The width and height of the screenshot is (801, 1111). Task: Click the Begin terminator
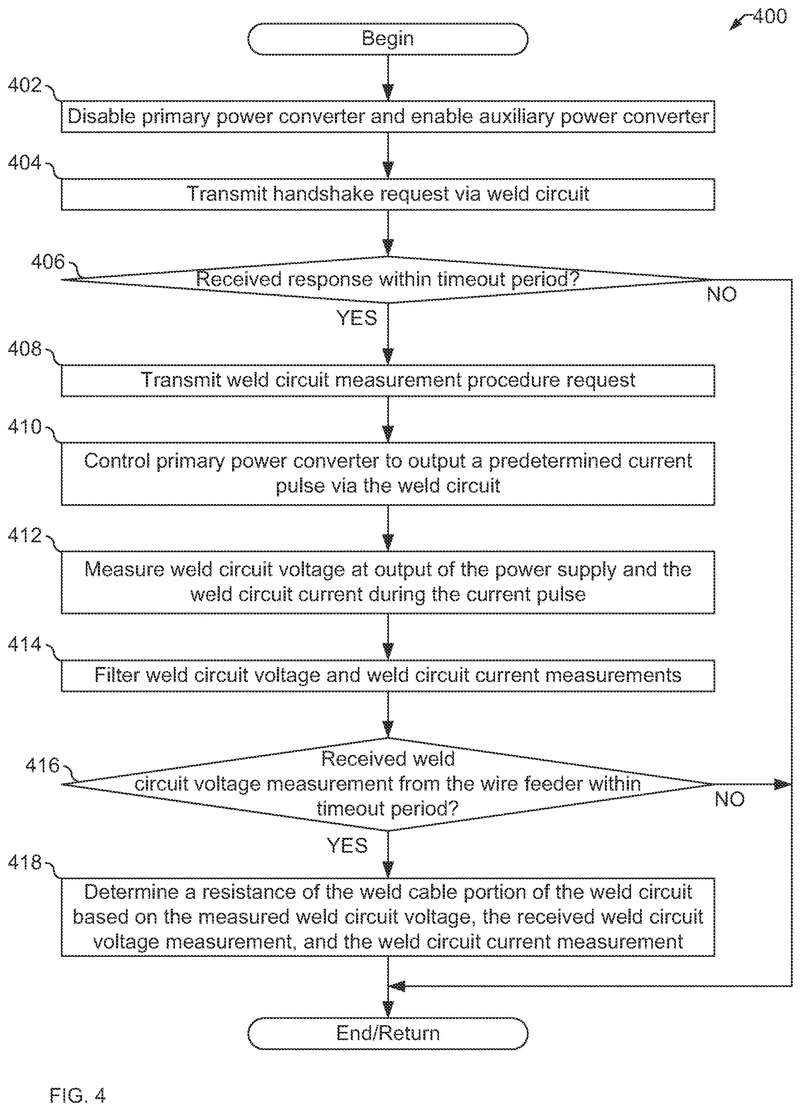388,39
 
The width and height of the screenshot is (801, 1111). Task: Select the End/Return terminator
388,1033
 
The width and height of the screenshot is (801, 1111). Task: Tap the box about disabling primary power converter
388,116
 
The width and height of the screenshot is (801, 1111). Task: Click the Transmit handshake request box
388,194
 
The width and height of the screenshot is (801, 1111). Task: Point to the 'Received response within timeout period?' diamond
388,280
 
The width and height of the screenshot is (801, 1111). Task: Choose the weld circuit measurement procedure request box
388,381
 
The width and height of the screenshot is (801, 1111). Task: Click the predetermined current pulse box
388,474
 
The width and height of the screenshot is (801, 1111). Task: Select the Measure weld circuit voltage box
388,582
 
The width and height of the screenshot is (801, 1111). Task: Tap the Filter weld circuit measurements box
388,676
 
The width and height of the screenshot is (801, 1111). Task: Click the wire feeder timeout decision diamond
388,784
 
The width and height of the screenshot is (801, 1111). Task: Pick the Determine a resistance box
388,917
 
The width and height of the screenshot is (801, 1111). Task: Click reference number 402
24,85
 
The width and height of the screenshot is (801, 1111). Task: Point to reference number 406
48,262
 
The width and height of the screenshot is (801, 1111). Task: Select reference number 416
42,766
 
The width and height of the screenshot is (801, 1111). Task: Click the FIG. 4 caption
78,1095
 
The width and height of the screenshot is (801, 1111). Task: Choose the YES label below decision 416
347,846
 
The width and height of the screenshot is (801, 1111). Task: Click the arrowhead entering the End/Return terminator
388,1009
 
